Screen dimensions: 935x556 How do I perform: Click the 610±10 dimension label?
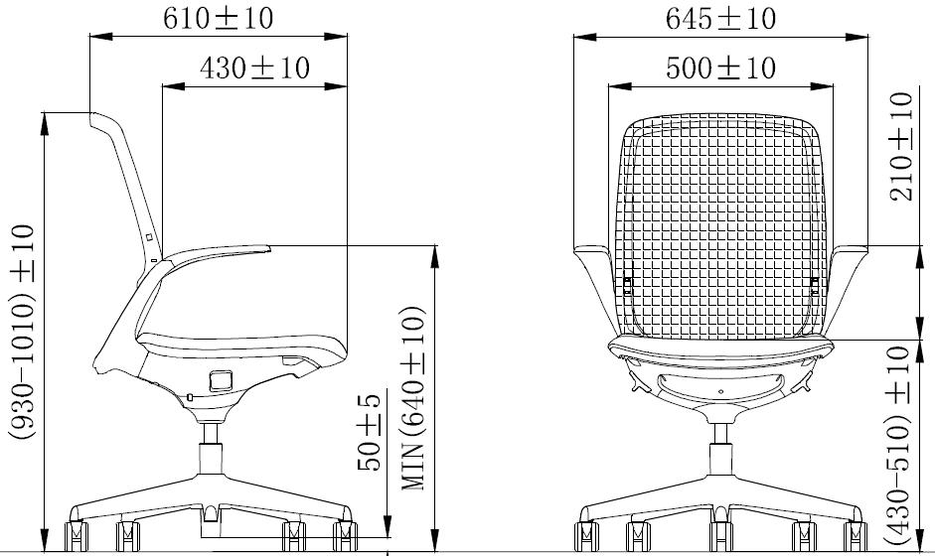point(219,18)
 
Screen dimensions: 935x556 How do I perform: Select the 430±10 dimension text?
point(254,68)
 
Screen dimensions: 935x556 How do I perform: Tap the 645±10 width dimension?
point(720,19)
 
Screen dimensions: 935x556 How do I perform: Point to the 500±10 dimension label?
point(720,68)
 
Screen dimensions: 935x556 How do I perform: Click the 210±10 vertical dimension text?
point(901,147)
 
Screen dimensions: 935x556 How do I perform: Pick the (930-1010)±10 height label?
point(23,332)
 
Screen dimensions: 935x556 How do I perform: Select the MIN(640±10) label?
point(413,399)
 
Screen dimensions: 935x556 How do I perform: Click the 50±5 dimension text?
point(369,433)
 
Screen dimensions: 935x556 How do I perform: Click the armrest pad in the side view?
point(218,251)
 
